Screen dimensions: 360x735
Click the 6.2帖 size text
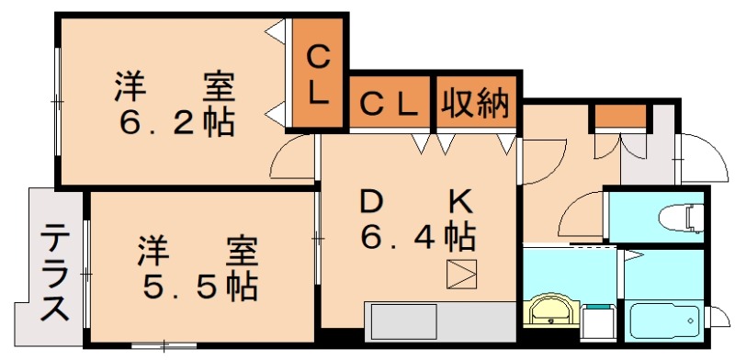tap(174, 122)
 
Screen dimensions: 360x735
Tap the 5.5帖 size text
tap(198, 287)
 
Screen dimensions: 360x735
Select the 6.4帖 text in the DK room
tap(417, 237)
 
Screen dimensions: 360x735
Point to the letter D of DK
tap(370, 200)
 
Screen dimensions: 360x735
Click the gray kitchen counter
tap(439, 322)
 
